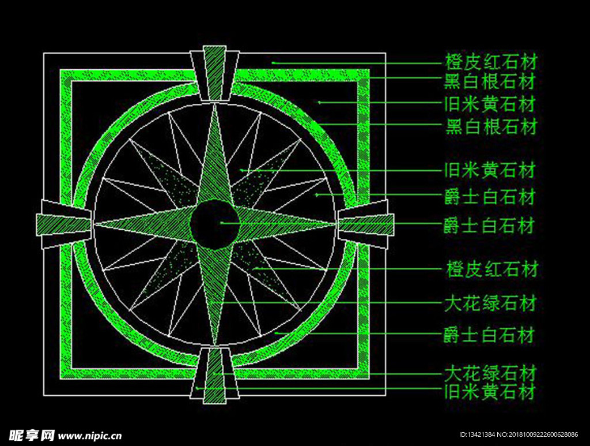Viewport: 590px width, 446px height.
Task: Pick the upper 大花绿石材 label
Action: (x=491, y=303)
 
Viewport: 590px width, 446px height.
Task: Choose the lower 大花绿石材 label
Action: (x=491, y=372)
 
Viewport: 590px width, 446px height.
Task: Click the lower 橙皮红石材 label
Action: (x=491, y=269)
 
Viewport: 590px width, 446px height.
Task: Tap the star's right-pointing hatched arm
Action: (x=282, y=223)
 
